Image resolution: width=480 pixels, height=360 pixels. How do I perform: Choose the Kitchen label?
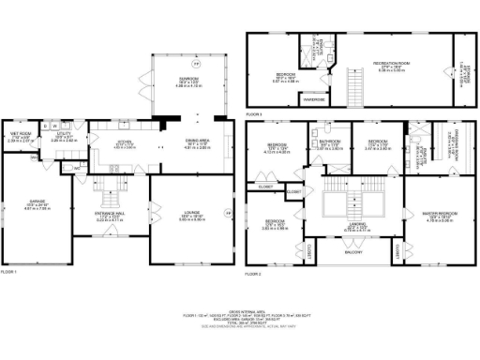click(125, 143)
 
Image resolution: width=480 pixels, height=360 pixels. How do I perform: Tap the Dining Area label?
click(196, 143)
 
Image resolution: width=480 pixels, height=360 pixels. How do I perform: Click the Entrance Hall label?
click(112, 217)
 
